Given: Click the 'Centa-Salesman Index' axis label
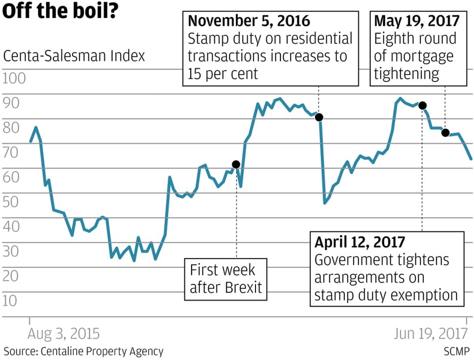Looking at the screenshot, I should pyautogui.click(x=74, y=56).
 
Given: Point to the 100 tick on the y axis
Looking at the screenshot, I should pyautogui.click(x=14, y=78).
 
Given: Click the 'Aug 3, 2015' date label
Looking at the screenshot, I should pyautogui.click(x=63, y=334).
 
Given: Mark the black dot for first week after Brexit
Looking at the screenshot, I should pyautogui.click(x=236, y=164).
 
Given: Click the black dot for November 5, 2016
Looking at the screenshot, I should pyautogui.click(x=319, y=117).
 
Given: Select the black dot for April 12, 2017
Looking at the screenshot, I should pyautogui.click(x=422, y=106).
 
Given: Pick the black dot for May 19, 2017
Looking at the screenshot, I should pyautogui.click(x=445, y=133).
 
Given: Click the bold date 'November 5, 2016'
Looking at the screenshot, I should pyautogui.click(x=249, y=21).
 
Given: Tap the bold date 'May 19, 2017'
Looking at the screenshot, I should pyautogui.click(x=417, y=21).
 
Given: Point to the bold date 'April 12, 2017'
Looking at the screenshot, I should pyautogui.click(x=360, y=242).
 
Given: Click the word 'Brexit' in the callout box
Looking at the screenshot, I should pyautogui.click(x=243, y=287).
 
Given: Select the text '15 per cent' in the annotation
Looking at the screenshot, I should pyautogui.click(x=223, y=74).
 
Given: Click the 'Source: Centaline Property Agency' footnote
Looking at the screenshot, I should pyautogui.click(x=84, y=351).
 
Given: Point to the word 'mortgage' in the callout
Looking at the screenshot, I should pyautogui.click(x=425, y=56).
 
